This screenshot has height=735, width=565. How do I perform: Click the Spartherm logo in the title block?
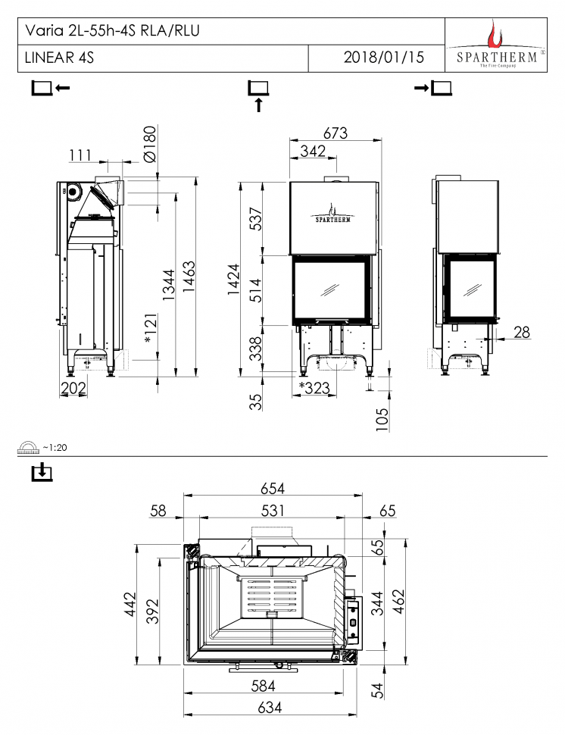[x=496, y=45]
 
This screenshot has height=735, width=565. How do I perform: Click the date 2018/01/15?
[x=384, y=58]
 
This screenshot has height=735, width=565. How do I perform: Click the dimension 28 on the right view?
[x=521, y=332]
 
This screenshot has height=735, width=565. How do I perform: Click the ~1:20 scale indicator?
[x=55, y=447]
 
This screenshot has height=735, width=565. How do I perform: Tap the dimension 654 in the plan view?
[x=273, y=489]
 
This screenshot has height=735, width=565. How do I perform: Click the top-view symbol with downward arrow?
[x=42, y=474]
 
